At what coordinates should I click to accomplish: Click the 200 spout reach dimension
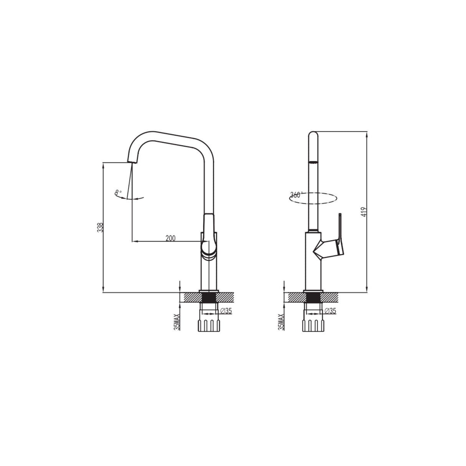coord(170,238)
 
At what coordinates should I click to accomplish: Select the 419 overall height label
coord(364,212)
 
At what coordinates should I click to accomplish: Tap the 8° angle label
coord(118,192)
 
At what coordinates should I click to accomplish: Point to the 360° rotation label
coord(296,195)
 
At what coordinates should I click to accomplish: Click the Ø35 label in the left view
coord(226,311)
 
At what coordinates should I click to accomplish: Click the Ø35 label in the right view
coord(330,311)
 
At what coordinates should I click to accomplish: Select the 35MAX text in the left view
coord(177,321)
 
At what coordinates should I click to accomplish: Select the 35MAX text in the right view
coord(281,321)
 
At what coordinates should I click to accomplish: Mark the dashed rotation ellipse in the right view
coord(313,198)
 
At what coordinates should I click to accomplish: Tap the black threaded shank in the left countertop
coord(208,298)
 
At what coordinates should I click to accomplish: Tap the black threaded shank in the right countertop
coord(313,298)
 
